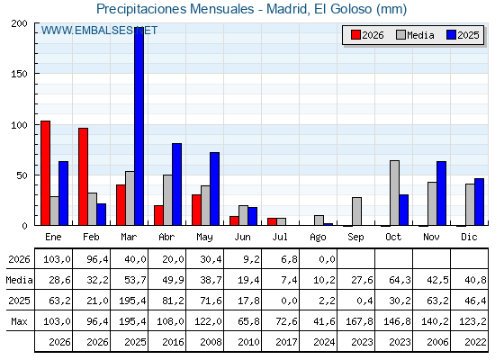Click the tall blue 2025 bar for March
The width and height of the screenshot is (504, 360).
[x=139, y=126]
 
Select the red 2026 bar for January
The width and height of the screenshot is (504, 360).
[x=45, y=173]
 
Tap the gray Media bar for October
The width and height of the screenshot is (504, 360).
[x=395, y=193]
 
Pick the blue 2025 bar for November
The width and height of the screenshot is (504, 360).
[x=441, y=193]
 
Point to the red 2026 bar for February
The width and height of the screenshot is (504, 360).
[x=83, y=176]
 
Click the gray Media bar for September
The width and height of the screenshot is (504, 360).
[x=356, y=211]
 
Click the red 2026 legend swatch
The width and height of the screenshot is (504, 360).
[x=355, y=35]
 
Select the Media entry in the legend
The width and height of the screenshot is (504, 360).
[x=415, y=35]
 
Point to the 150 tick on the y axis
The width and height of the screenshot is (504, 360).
[x=19, y=74]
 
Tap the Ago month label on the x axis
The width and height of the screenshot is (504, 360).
[x=319, y=238]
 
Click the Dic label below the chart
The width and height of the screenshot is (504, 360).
[x=469, y=237]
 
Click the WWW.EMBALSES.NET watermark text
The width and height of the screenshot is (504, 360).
[x=99, y=31]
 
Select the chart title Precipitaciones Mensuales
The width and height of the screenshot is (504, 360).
[x=175, y=9]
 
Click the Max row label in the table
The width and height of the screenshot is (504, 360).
[x=19, y=321]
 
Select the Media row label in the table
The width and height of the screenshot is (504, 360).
[x=19, y=280]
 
